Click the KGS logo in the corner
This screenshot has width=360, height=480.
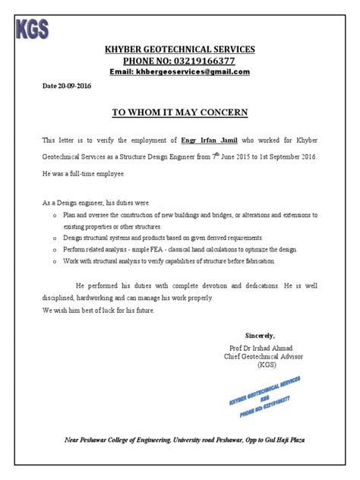32,29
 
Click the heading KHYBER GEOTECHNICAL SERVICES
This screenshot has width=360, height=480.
179,49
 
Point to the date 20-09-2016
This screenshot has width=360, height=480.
73,87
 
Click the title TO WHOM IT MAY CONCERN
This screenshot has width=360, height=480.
180,112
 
